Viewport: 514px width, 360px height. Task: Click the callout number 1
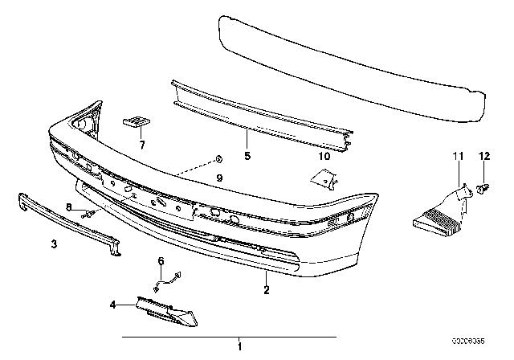click(239, 347)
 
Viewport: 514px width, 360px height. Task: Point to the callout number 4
click(112, 305)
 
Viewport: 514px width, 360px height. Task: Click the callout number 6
click(160, 261)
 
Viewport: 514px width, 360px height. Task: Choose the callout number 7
click(141, 145)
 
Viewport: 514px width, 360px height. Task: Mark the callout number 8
click(69, 207)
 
